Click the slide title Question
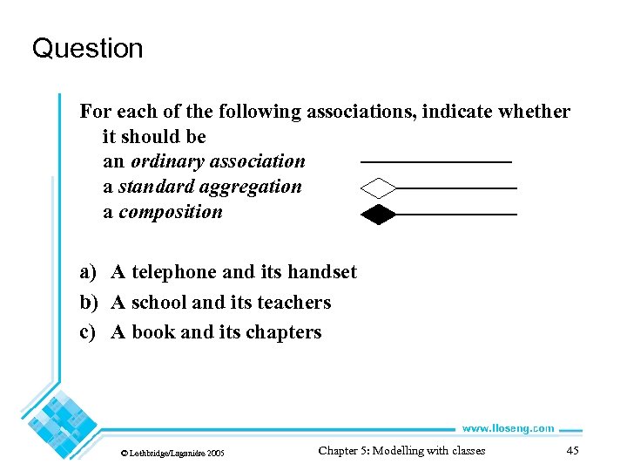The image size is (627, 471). point(87,48)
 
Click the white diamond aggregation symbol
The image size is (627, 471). point(378,188)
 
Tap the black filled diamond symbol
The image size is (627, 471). point(378,214)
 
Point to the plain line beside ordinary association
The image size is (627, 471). point(435,162)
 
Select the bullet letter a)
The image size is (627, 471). point(88,272)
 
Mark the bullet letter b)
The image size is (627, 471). point(89,303)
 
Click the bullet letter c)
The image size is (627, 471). point(88,332)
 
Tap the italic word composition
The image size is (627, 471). point(171,212)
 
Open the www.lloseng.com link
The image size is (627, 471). point(508,427)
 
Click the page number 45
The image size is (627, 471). point(572,450)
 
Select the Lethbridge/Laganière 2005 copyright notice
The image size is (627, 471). point(172,453)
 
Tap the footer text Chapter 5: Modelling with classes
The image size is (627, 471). point(401,450)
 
